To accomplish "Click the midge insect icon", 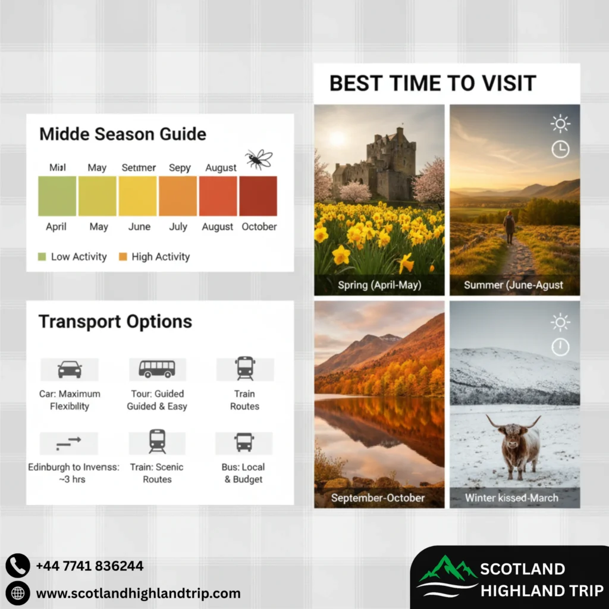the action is (258, 159).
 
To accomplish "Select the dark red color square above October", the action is (258, 196).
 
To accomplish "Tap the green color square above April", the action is (57, 196).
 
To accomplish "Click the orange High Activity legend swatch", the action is (123, 257).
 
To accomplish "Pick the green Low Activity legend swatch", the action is (42, 257).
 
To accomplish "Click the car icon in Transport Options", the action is (70, 369).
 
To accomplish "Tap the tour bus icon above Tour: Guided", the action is (157, 369).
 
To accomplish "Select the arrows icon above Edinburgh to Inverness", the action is (69, 443).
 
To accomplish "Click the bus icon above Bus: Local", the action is (244, 442).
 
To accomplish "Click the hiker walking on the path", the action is (509, 227).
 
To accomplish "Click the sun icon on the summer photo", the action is (560, 124).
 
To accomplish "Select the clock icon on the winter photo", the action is (560, 347).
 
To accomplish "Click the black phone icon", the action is (17, 566).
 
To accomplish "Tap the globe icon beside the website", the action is (17, 593).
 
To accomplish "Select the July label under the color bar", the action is (178, 227).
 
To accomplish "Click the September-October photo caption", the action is (378, 498).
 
